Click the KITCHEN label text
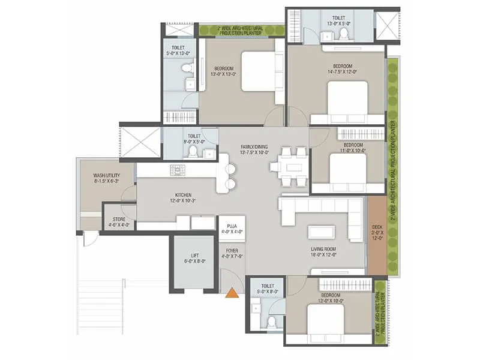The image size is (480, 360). click(x=183, y=198)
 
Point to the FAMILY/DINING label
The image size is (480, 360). click(x=240, y=149)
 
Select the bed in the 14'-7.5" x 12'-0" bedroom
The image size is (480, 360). click(x=347, y=99)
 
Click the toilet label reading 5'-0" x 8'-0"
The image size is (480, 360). click(x=264, y=290)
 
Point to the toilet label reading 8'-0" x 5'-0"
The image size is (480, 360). click(x=194, y=139)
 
